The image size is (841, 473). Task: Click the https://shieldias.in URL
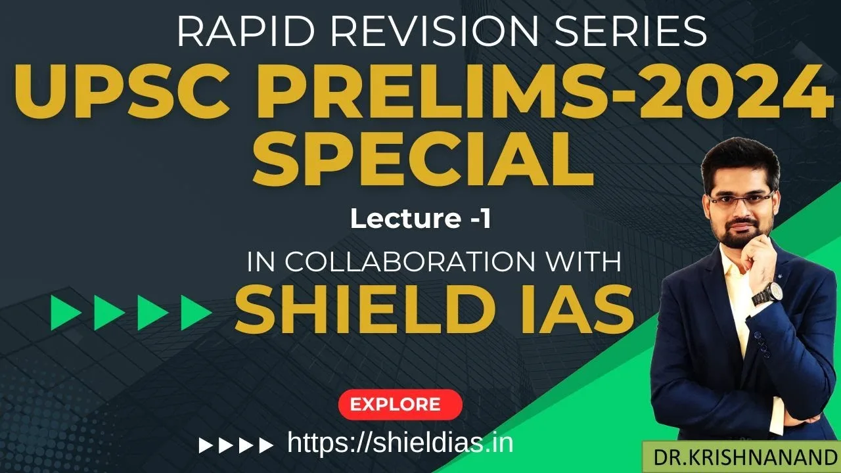click(x=400, y=443)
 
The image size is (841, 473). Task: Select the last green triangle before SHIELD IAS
click(x=195, y=313)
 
